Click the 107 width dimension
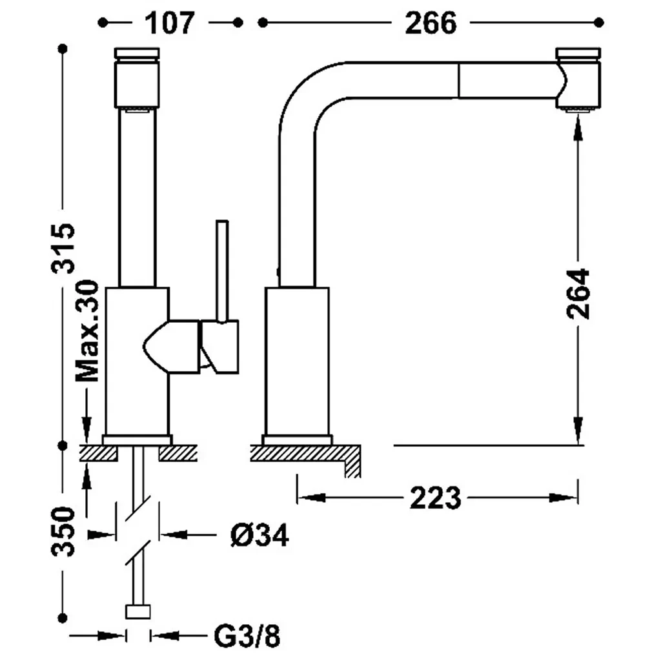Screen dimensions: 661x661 point(169,23)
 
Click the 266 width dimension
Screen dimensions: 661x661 point(431,23)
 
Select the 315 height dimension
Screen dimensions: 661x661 point(65,249)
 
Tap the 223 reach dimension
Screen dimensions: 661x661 point(435,498)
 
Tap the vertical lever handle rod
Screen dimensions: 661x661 point(222,271)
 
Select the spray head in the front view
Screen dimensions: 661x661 point(136,81)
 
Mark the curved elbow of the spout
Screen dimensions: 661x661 point(303,97)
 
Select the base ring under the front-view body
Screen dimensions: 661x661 point(137,439)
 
